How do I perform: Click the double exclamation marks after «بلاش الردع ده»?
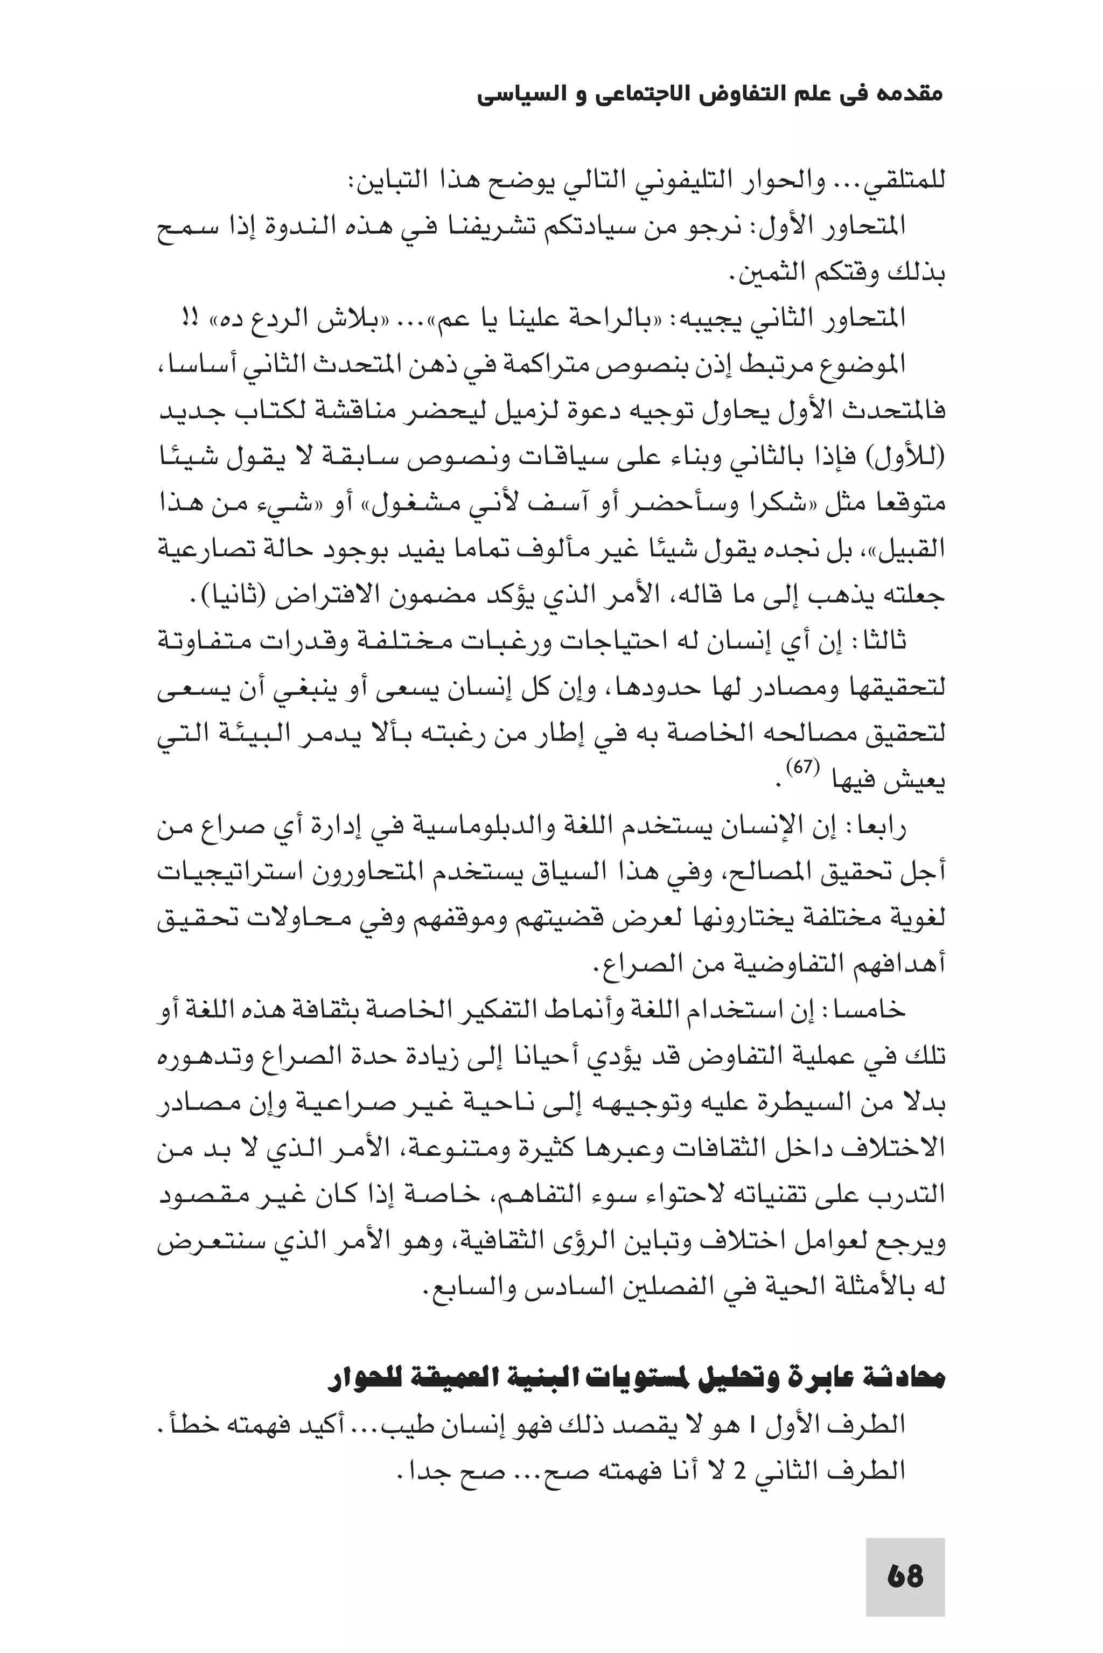(x=189, y=319)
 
